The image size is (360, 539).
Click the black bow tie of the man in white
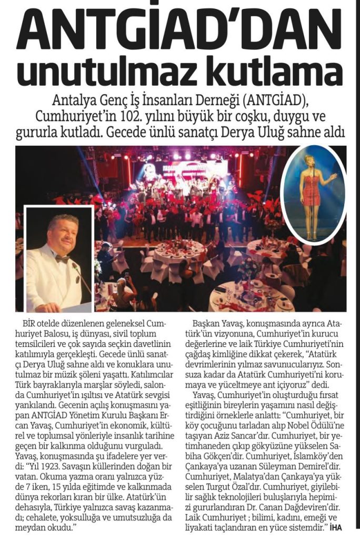point(63,259)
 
